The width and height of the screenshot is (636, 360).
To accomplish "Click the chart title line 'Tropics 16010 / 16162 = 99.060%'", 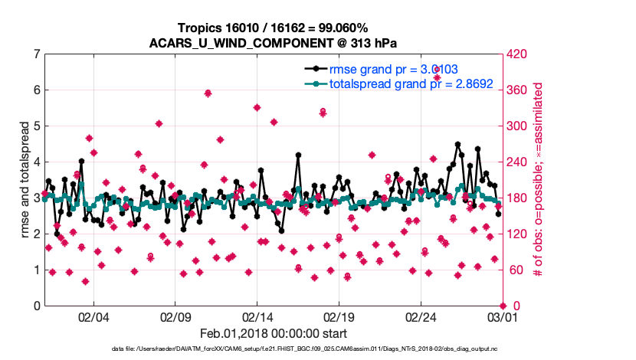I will point(274,28).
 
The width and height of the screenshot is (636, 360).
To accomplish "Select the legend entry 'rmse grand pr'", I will point(393,70).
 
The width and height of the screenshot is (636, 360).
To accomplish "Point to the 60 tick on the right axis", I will point(514,270).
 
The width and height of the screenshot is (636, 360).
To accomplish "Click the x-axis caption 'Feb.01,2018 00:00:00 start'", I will point(274,333).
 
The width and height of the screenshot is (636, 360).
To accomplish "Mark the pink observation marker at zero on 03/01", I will point(502,306).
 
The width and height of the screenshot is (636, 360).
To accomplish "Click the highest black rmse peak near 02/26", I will point(457,145).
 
